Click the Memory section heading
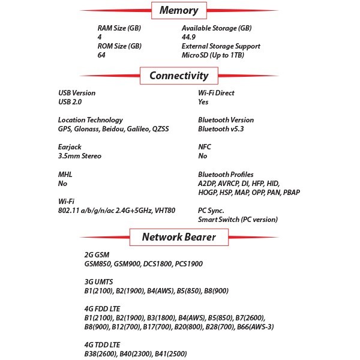(179, 10)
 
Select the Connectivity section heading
(179, 76)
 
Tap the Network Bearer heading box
(179, 236)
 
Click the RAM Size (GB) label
(119, 28)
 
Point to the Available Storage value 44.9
(189, 37)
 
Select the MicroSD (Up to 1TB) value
(214, 55)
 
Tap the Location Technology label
(90, 120)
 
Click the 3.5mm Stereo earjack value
(80, 156)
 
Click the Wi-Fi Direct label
(216, 93)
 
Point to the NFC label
(205, 147)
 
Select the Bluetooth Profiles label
(226, 175)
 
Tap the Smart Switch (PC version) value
(238, 220)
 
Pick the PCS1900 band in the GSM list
(186, 263)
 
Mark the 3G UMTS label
(100, 281)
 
